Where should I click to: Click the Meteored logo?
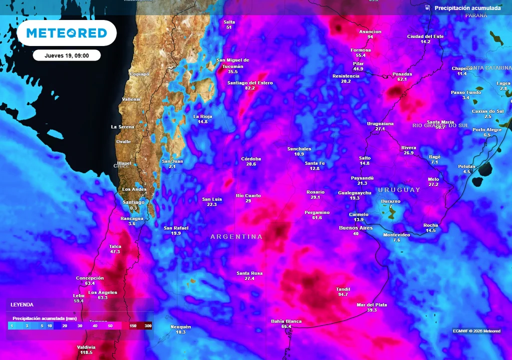[x=66, y=33]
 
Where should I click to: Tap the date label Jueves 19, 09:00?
[x=66, y=55]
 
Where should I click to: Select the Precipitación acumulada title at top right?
[x=467, y=8]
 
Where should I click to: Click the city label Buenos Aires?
[x=356, y=228]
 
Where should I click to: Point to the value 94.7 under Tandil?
[x=343, y=294]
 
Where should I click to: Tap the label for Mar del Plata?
[x=371, y=304]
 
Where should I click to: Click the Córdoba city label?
[x=251, y=158]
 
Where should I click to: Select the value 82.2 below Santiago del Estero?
[x=250, y=88]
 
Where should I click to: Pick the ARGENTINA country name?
[x=236, y=236]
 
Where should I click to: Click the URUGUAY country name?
[x=399, y=190]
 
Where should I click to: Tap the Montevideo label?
[x=396, y=234]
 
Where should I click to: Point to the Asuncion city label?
[x=370, y=31]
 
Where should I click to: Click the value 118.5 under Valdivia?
[x=86, y=352]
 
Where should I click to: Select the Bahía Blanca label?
[x=286, y=321]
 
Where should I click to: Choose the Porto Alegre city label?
[x=487, y=129]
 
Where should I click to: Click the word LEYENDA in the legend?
[x=22, y=304]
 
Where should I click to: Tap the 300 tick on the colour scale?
[x=148, y=325]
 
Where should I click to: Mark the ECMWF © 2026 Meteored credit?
[x=476, y=331]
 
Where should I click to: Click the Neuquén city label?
[x=180, y=326]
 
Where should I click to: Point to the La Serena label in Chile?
[x=122, y=127]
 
